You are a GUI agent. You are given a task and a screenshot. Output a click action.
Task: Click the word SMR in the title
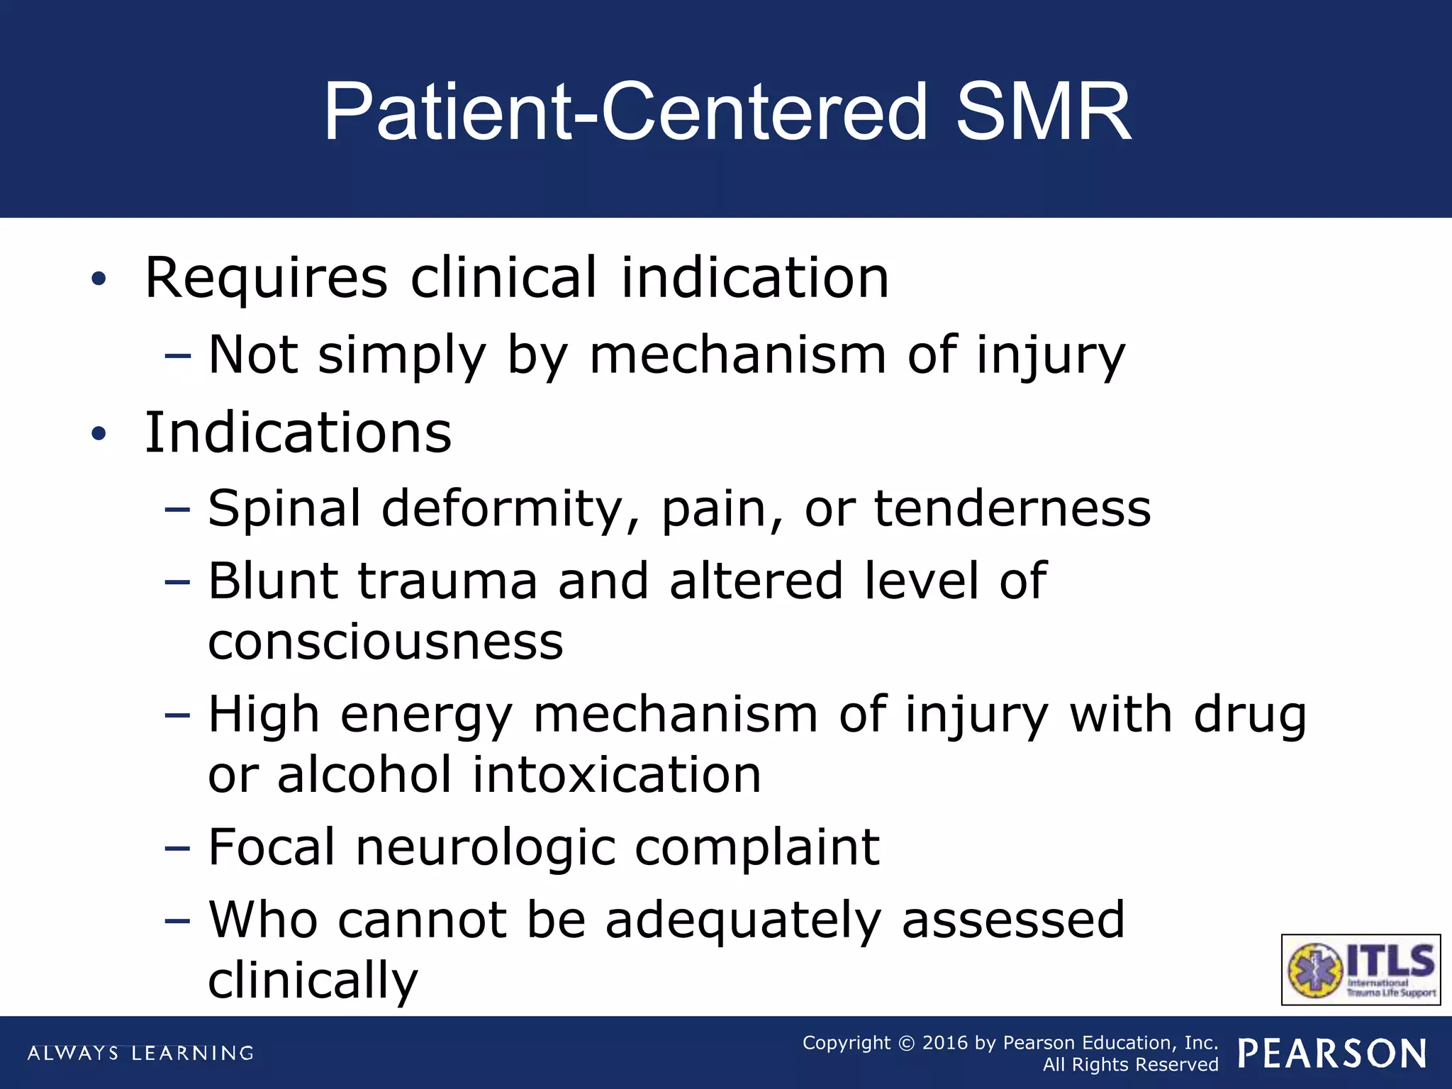pyautogui.click(x=1043, y=112)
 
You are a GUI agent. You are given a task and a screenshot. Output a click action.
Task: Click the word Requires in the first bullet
pyautogui.click(x=267, y=278)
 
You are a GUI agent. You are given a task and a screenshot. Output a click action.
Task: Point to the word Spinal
pyautogui.click(x=284, y=508)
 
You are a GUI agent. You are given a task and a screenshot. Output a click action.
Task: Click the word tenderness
pyautogui.click(x=1012, y=508)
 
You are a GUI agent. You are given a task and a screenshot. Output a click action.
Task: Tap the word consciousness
pyautogui.click(x=386, y=642)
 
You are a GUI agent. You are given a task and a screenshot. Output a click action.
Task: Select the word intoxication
pyautogui.click(x=617, y=774)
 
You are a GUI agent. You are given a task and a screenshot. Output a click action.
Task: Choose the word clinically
pyautogui.click(x=313, y=981)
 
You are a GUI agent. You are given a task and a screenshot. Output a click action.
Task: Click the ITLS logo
pyautogui.click(x=1361, y=969)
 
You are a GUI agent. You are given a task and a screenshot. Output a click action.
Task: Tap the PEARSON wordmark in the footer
pyautogui.click(x=1333, y=1054)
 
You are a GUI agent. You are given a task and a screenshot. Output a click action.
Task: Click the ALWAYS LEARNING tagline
pyautogui.click(x=140, y=1054)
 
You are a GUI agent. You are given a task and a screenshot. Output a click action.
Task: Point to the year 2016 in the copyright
pyautogui.click(x=944, y=1043)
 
